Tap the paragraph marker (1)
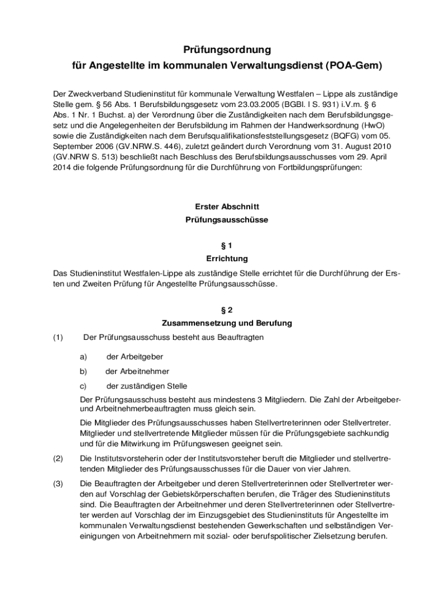pos(58,338)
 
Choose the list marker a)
pos(83,357)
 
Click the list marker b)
pos(83,372)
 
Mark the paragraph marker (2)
pos(58,458)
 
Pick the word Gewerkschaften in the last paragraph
pos(294,525)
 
